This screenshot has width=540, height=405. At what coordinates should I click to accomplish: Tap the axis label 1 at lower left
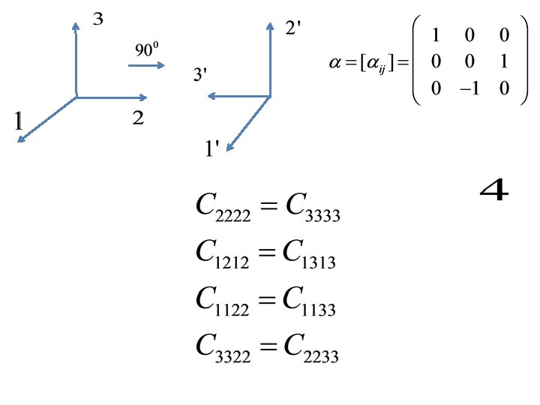tap(19, 121)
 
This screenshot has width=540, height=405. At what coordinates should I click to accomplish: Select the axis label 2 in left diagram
tap(138, 118)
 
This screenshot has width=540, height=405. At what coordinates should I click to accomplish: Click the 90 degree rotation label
tap(146, 50)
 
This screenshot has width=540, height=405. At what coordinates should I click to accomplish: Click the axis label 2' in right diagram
tap(294, 28)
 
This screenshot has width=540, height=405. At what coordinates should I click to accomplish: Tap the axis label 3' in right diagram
tap(200, 76)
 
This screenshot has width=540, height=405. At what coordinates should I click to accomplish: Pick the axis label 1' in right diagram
tap(211, 149)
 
